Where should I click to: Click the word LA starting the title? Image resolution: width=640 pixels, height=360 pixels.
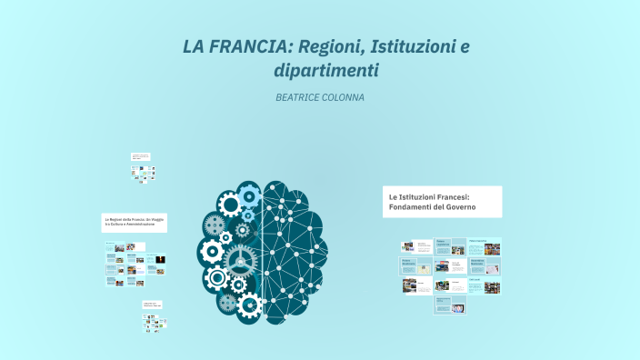(194, 45)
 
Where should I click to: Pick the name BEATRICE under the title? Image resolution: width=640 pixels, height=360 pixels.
(301, 97)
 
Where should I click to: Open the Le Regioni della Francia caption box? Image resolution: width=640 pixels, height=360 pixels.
(134, 223)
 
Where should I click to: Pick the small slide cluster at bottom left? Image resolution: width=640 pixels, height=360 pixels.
(151, 314)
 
